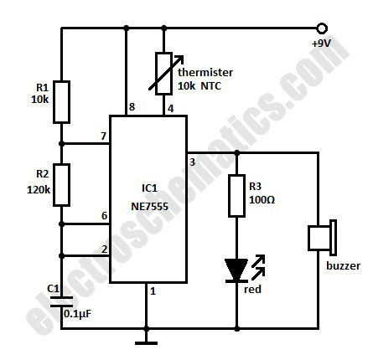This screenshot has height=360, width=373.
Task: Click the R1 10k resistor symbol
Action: pos(61,102)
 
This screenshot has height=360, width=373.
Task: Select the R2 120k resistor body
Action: pos(61,185)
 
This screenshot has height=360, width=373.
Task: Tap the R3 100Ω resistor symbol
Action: pos(236,196)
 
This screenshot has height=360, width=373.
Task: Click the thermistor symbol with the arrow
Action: pos(164,74)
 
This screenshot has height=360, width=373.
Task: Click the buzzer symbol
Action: pos(322,238)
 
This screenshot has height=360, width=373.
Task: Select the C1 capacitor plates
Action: pos(61,302)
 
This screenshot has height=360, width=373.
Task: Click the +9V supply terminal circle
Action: pos(322,28)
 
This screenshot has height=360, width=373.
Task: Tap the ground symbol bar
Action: pos(146,343)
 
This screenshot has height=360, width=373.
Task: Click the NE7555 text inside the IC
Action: pos(150,207)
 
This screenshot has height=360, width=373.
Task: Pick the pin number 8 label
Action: pos(132,107)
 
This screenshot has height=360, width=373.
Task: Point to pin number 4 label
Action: pos(170,108)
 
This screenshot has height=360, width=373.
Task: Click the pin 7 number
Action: pos(104,136)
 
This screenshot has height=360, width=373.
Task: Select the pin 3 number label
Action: pos(192,162)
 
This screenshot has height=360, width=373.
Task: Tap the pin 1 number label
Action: pos(153,291)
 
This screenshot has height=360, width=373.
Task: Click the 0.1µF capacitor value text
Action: pos(78,314)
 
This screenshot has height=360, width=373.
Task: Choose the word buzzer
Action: pos(343,265)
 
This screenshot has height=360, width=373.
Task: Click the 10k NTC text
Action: pos(199,86)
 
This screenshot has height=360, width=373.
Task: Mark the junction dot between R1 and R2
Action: pos(61,144)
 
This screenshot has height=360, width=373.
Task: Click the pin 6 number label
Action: pos(104,215)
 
